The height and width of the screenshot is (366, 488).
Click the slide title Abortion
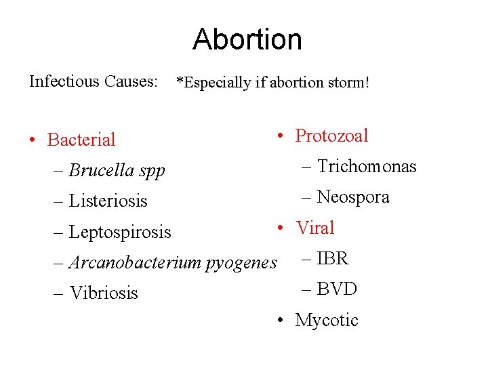247,39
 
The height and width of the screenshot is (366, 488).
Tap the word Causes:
131,81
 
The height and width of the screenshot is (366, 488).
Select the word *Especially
213,83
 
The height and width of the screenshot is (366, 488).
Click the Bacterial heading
81,140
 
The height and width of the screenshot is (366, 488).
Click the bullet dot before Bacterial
33,140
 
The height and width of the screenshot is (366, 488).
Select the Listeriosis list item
108,201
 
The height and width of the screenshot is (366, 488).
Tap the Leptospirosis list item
120,232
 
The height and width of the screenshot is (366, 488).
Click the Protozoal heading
331,136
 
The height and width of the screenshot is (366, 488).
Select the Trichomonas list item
367,167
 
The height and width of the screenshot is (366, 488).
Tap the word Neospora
353,197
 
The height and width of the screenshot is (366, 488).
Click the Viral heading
315,228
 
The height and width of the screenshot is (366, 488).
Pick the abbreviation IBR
332,258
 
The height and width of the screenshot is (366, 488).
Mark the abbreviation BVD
337,289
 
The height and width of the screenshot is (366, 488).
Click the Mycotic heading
327,320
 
